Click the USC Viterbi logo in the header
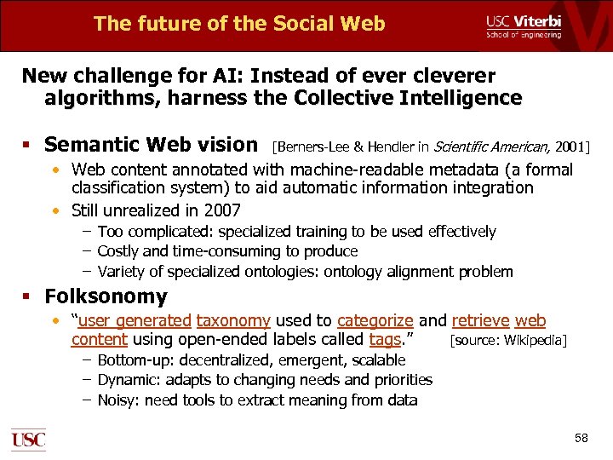pyautogui.click(x=523, y=26)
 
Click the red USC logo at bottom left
pyautogui.click(x=28, y=440)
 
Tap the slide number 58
pyautogui.click(x=581, y=438)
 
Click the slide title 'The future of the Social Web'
pyautogui.click(x=239, y=23)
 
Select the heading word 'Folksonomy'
pyautogui.click(x=106, y=297)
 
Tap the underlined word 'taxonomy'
pyautogui.click(x=233, y=321)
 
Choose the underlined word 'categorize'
pyautogui.click(x=375, y=321)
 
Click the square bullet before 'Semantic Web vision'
pyautogui.click(x=28, y=146)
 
